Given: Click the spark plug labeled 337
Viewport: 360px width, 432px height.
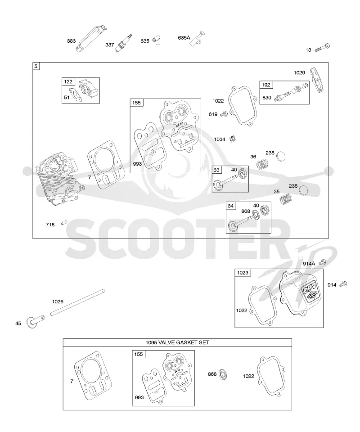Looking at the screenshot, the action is coord(123,43).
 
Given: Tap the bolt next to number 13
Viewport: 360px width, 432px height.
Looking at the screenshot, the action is coord(322,48).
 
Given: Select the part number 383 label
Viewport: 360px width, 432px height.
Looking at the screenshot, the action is coord(72,41).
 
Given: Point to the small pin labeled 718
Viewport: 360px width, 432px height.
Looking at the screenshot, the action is coord(64,222).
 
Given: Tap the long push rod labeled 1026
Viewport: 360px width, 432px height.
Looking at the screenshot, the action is coord(78,302).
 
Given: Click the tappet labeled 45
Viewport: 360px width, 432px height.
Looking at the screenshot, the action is coord(36,321).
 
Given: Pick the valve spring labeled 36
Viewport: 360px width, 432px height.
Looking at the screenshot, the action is coord(262,164).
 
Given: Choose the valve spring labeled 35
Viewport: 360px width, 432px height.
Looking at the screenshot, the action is coord(286,199).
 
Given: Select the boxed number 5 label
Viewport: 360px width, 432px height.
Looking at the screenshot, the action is coord(36,66).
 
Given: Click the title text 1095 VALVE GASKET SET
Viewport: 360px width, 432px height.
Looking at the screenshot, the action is coord(177,342).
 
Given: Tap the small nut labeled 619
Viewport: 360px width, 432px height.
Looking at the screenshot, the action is coord(224,113).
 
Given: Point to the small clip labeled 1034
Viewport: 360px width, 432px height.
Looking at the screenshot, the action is coord(233,139).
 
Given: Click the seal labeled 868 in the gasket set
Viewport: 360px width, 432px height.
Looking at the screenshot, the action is coord(223,374).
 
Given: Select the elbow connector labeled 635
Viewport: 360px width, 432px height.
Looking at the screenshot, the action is coord(157,40).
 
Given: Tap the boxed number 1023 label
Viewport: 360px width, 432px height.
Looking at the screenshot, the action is coord(243,273).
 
